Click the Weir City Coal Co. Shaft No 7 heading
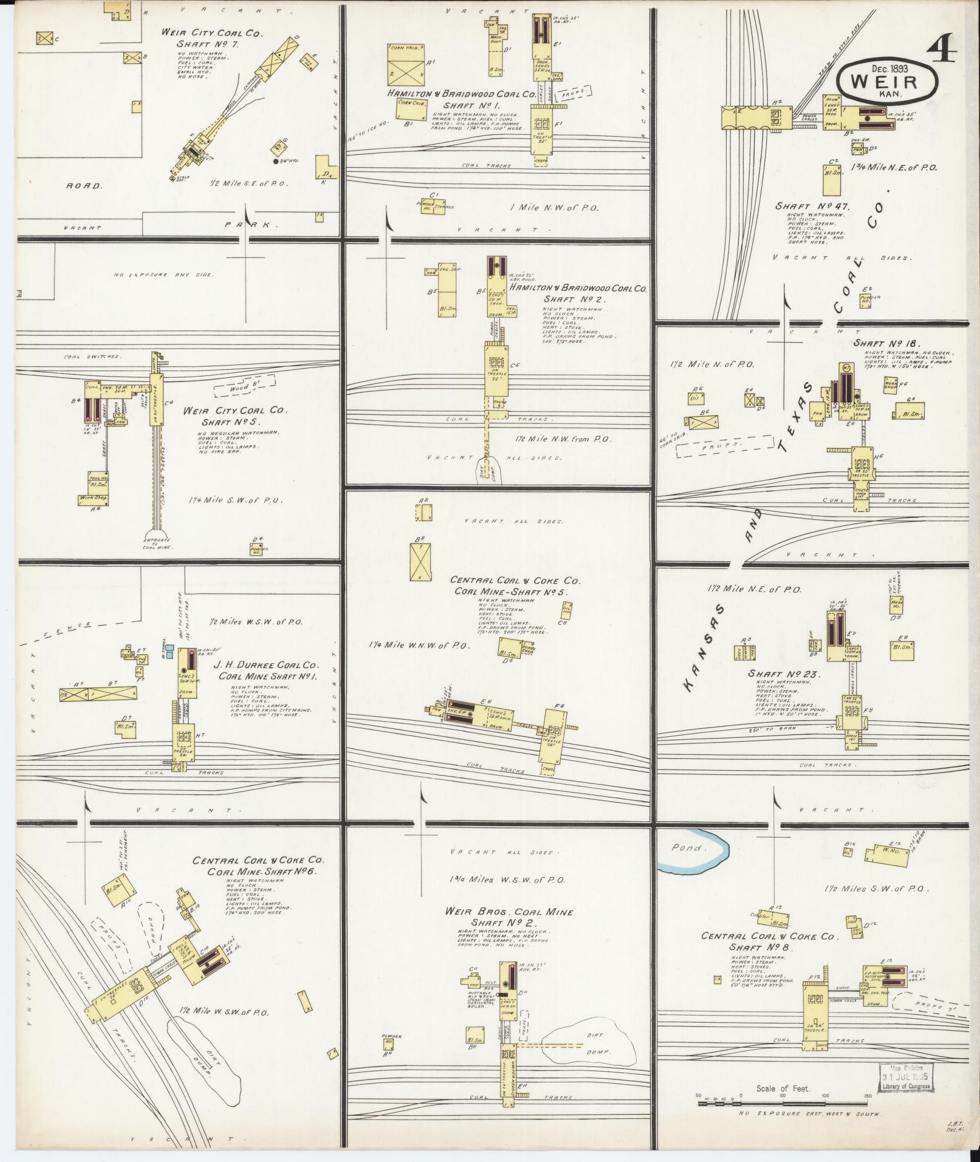212,38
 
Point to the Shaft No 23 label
784,674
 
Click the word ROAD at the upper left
84,186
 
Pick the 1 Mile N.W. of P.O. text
555,208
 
